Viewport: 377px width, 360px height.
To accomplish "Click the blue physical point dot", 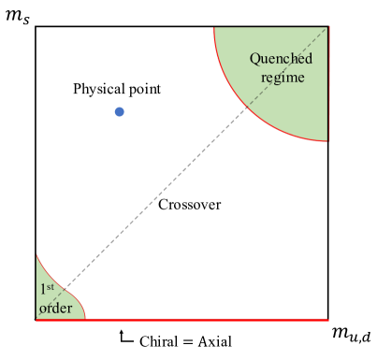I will tap(119, 112).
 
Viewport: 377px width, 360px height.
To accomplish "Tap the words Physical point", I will tap(118, 89).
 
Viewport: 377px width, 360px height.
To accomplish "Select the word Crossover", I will tap(189, 204).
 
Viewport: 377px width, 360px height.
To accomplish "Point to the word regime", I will tap(283, 77).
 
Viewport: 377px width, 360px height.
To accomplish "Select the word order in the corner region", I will tap(55, 305).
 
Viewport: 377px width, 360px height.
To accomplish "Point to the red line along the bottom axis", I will tap(206, 319).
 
